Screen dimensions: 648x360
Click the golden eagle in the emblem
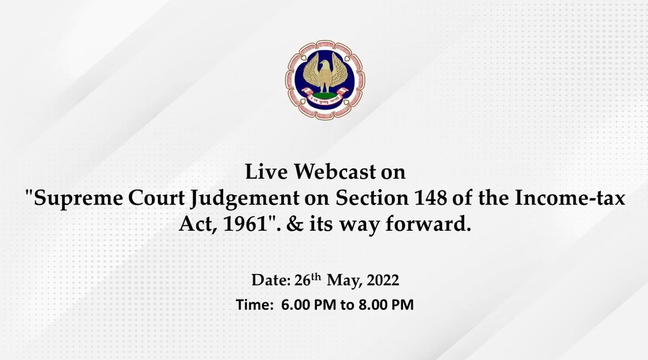point(325,71)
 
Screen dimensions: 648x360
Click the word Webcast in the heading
point(335,172)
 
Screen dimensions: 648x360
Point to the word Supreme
point(78,198)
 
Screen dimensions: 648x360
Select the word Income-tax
point(570,198)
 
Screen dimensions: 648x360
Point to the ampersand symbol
point(294,224)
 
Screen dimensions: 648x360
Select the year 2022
point(383,281)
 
